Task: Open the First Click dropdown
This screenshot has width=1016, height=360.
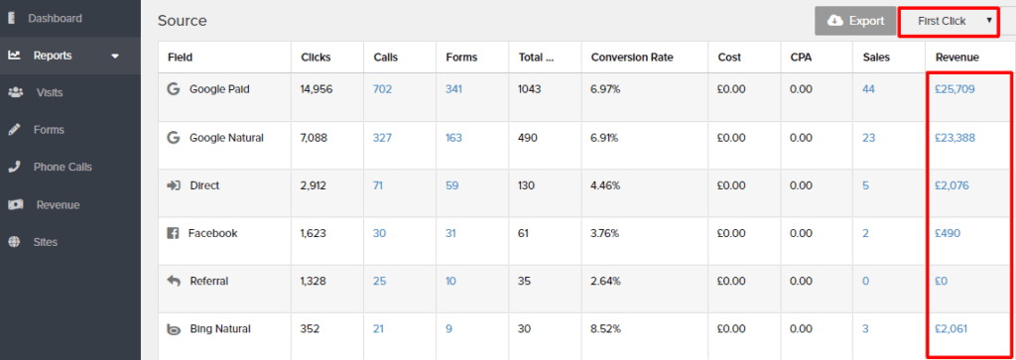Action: point(948,21)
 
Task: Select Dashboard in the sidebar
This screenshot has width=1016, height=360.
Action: point(55,18)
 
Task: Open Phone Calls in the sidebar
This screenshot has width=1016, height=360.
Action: point(63,167)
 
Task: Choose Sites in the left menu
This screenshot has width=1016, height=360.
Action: point(46,241)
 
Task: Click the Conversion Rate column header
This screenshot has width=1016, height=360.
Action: point(632,58)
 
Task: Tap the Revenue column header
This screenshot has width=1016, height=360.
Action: point(957,58)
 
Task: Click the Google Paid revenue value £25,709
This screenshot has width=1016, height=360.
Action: point(954,89)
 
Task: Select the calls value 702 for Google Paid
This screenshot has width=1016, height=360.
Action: point(382,89)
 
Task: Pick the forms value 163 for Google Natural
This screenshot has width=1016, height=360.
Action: point(453,138)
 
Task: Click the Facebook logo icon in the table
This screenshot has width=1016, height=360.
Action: point(174,234)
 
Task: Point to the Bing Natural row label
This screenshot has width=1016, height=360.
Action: point(219,329)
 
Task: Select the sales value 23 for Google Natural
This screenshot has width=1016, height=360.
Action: point(868,138)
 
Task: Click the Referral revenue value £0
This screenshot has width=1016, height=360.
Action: point(942,282)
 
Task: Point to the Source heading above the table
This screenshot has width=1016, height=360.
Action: point(183,21)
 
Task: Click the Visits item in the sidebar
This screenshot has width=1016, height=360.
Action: point(50,92)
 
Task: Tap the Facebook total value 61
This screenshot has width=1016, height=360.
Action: point(523,234)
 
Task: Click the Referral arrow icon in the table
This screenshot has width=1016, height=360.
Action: point(174,282)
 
